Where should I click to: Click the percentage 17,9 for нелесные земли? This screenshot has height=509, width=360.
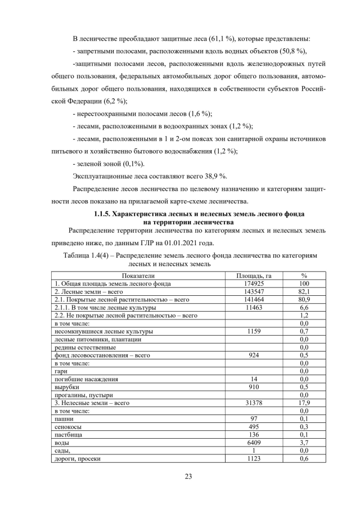(304, 403)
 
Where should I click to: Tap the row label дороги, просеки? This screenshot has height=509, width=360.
(77, 459)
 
